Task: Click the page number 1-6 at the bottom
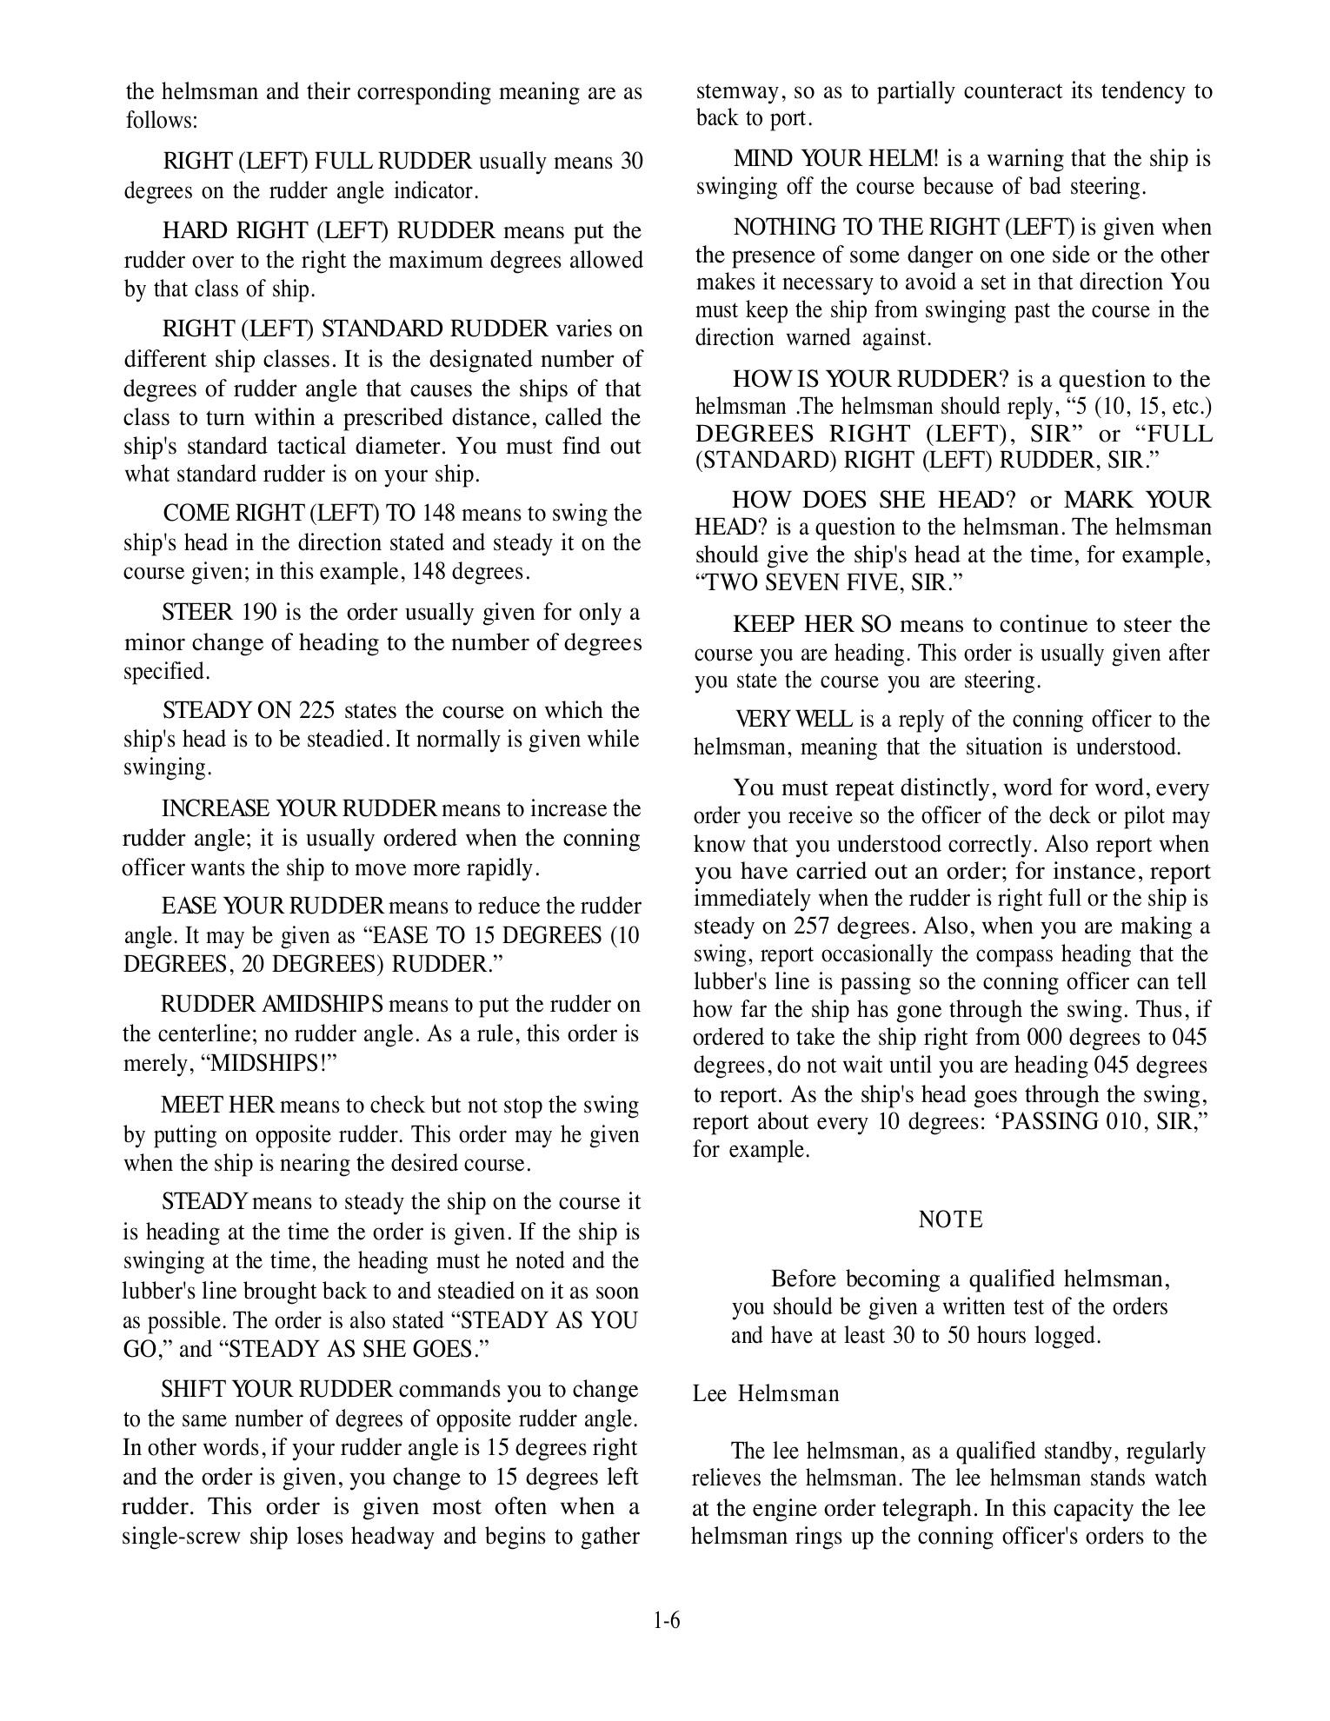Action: pyautogui.click(x=666, y=1620)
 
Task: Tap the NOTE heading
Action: pyautogui.click(x=950, y=1219)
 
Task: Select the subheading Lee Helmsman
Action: pyautogui.click(x=766, y=1394)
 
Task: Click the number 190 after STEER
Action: pyautogui.click(x=259, y=613)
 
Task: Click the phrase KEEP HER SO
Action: pyautogui.click(x=806, y=625)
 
